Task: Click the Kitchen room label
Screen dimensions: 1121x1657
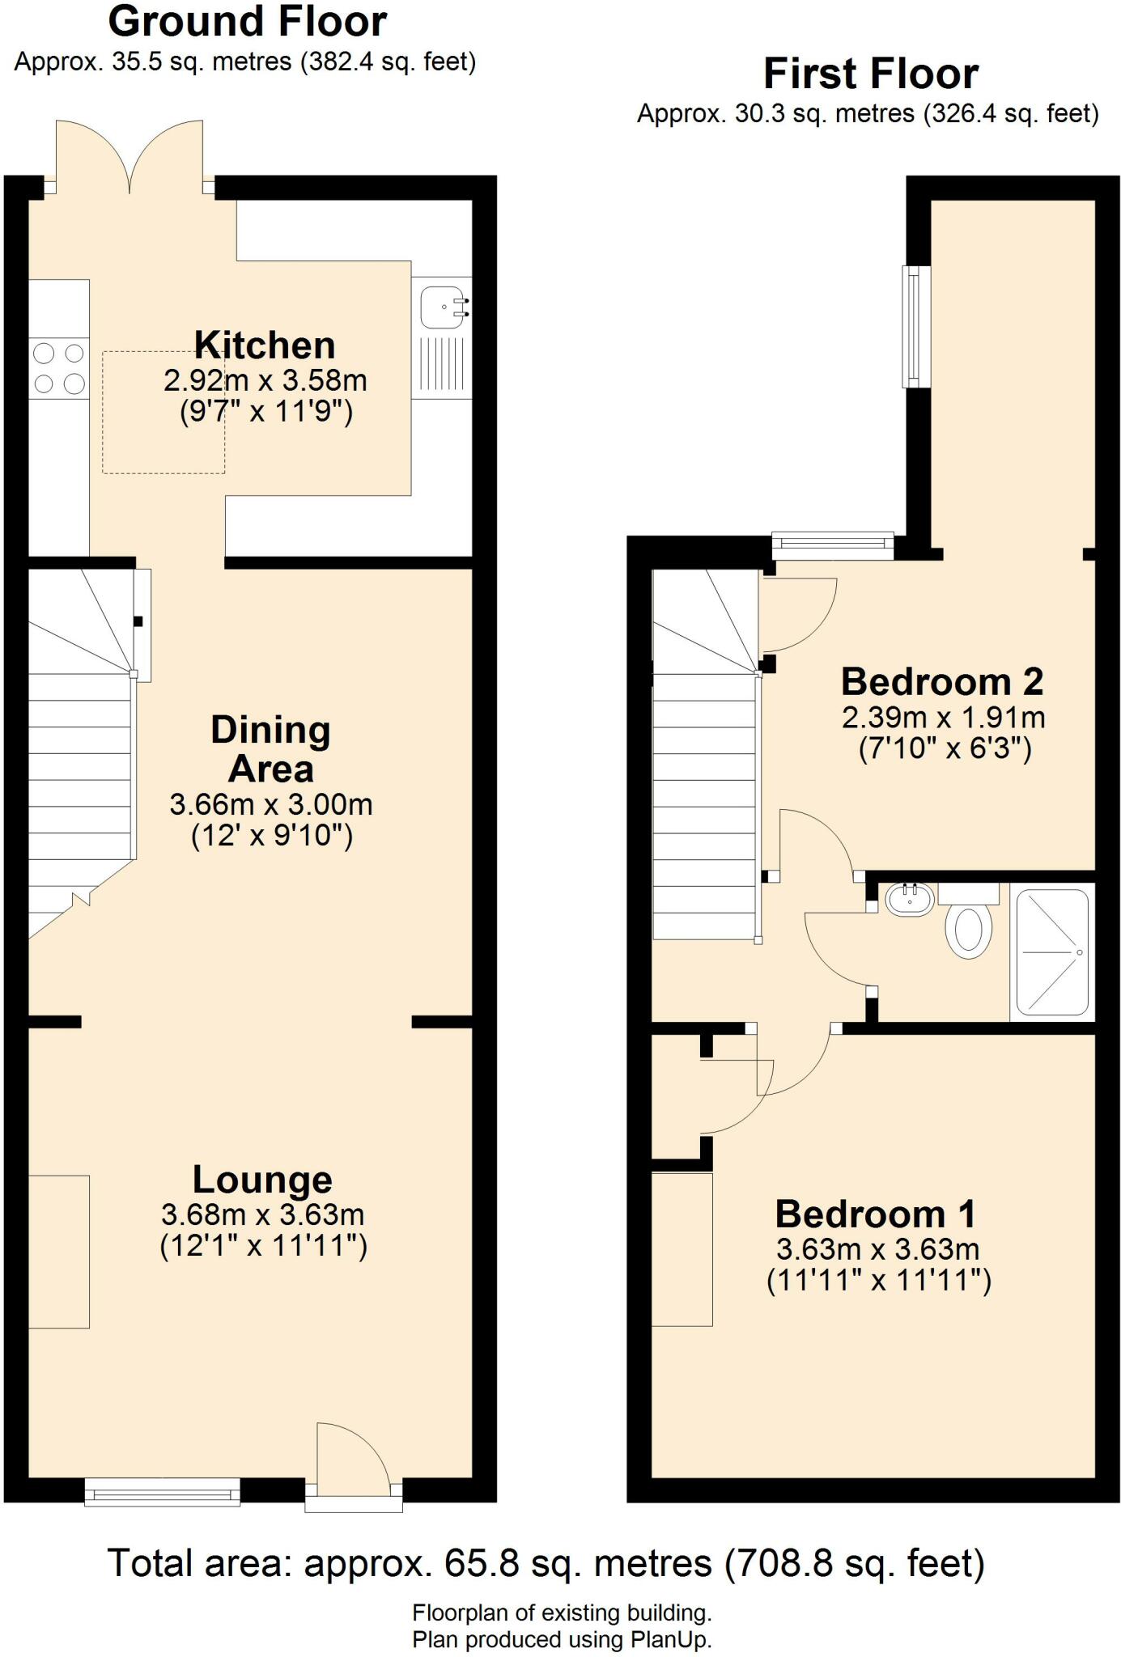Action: click(265, 345)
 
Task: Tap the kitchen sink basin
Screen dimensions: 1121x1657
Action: click(442, 307)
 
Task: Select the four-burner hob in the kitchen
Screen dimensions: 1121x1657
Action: click(59, 368)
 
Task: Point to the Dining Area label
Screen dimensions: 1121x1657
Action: click(270, 748)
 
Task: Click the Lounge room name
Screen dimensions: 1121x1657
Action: click(262, 1180)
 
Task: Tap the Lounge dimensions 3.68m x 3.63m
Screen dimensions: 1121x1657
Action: click(263, 1214)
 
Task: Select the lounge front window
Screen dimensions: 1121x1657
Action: click(163, 1491)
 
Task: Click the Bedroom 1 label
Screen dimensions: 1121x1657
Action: click(875, 1214)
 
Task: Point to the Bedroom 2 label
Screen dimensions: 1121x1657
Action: click(942, 681)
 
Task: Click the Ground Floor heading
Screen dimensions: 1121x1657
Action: click(248, 22)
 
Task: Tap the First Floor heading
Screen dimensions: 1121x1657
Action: click(871, 74)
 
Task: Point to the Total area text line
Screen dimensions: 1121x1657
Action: click(546, 1562)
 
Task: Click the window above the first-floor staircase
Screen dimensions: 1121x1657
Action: click(833, 546)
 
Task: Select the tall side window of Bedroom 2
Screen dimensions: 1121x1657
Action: click(916, 327)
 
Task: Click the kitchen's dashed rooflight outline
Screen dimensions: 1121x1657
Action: click(163, 412)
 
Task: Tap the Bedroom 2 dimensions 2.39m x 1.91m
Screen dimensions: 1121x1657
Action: click(944, 717)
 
